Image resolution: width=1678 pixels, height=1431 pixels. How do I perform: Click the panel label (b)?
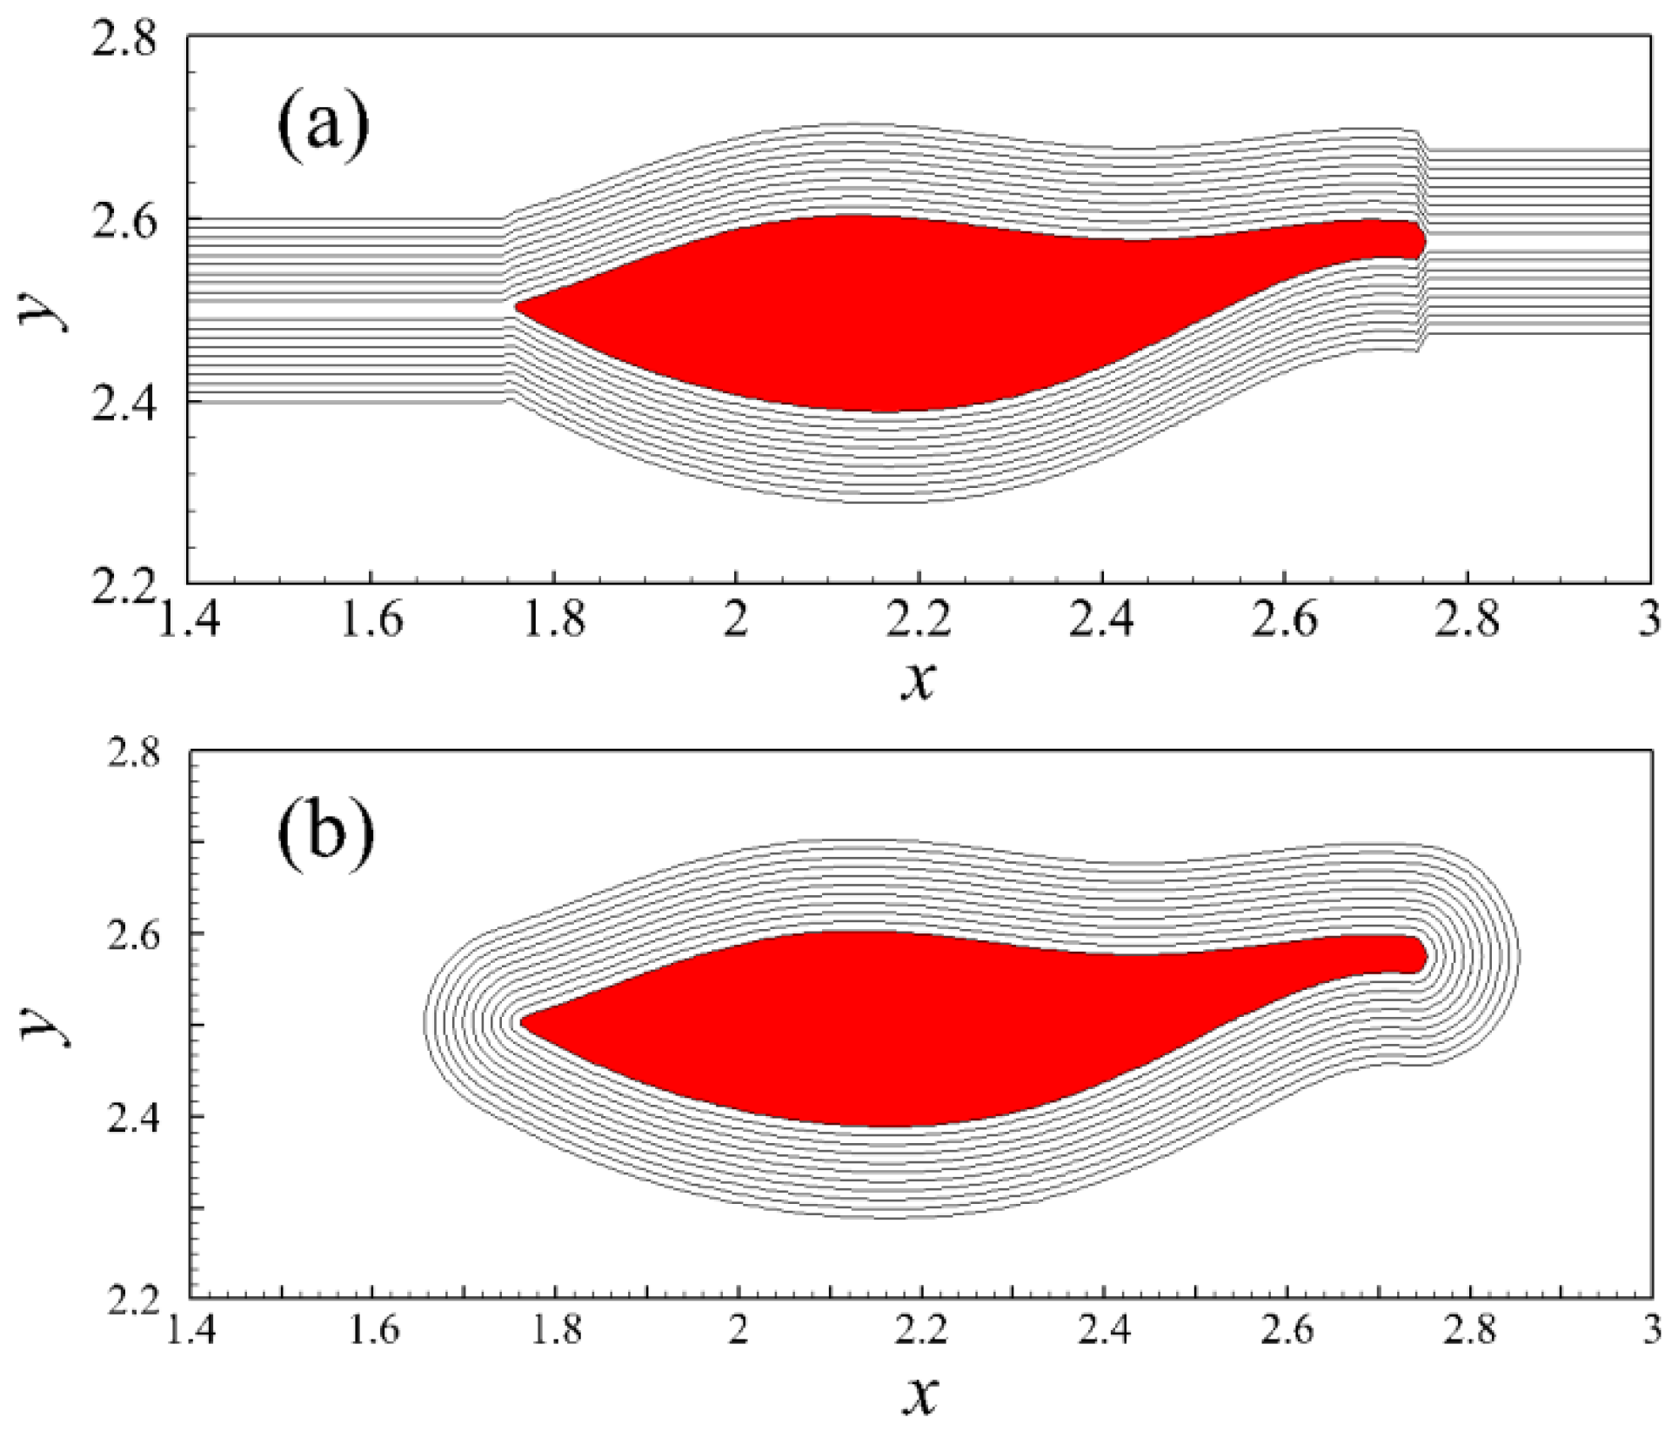click(x=325, y=832)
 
